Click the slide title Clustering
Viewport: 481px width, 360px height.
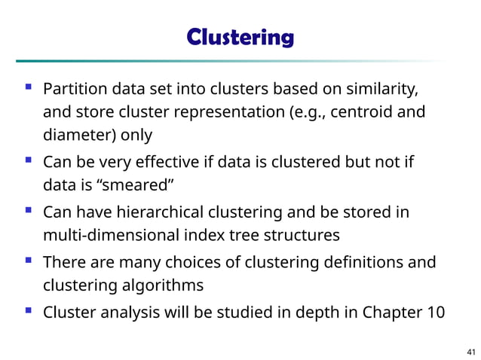(x=240, y=37)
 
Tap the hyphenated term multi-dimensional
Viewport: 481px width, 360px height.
(x=112, y=235)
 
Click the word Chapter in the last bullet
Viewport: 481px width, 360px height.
(x=392, y=313)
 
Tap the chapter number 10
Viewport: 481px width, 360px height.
(x=436, y=313)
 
